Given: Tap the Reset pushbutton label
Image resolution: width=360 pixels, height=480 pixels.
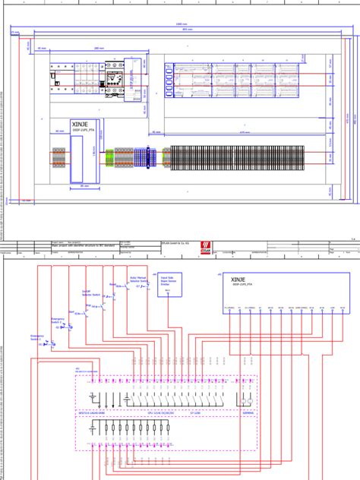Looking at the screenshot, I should tap(112, 284).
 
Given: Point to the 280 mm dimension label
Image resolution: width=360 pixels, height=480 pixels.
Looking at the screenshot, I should tap(99, 49).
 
